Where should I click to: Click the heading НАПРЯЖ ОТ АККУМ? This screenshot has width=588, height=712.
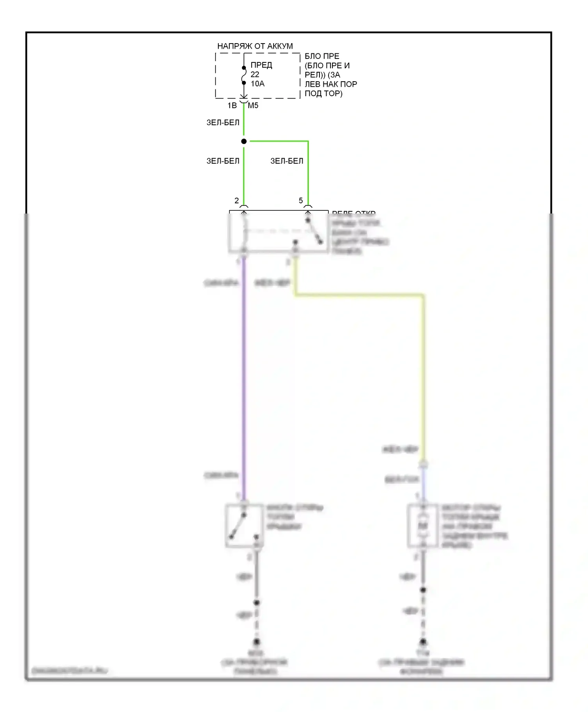(x=255, y=46)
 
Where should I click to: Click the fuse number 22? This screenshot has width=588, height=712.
(x=255, y=75)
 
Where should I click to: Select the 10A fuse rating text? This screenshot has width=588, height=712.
(x=258, y=84)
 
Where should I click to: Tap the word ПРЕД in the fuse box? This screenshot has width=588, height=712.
(x=261, y=65)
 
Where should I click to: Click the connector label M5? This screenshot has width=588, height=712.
(x=253, y=106)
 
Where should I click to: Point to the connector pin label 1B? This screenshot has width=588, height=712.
(x=232, y=106)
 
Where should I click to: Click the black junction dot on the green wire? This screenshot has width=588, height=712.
(x=244, y=141)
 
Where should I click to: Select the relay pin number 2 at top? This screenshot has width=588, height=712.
(x=236, y=201)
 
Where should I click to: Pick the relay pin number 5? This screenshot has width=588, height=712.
(x=301, y=201)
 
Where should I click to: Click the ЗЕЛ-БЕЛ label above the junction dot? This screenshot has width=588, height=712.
(x=223, y=123)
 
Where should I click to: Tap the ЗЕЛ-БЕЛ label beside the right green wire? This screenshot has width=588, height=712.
(x=287, y=161)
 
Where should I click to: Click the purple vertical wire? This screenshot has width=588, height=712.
(x=244, y=373)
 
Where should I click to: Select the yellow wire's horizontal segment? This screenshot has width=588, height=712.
(x=359, y=295)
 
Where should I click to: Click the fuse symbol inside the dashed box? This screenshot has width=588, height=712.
(x=244, y=75)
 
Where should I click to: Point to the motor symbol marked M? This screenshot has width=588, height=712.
(x=423, y=526)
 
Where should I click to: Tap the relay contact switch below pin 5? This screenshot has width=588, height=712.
(x=314, y=232)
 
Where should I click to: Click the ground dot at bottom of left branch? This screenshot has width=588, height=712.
(x=256, y=642)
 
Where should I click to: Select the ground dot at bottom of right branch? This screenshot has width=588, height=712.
(x=423, y=642)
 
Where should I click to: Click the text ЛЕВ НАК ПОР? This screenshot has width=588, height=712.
(x=331, y=84)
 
